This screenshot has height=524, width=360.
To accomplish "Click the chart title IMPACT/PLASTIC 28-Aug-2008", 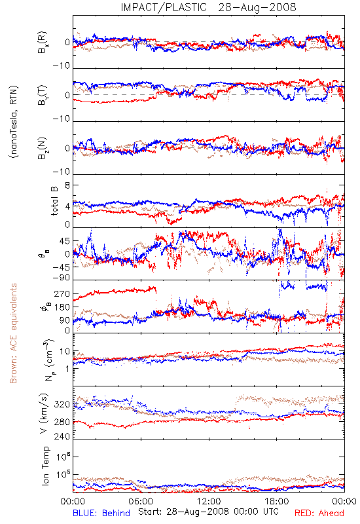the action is tap(208, 7).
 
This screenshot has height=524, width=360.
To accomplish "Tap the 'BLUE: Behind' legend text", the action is tap(101, 513).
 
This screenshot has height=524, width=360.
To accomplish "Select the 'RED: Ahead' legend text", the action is tap(319, 513).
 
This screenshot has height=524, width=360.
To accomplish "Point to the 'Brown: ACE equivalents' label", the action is tap(13, 333).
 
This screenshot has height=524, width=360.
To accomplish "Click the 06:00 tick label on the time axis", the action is tap(141, 501).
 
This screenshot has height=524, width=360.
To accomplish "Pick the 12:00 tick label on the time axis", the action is tap(209, 501).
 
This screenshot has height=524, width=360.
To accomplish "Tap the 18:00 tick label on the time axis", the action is tap(277, 501).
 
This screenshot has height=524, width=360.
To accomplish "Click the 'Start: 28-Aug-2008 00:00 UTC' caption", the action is tap(208, 512).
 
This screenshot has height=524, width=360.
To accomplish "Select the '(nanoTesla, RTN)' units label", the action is tap(14, 122).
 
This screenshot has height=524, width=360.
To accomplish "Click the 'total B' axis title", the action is tap(54, 201).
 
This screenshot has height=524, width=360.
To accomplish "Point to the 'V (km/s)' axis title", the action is tap(44, 413).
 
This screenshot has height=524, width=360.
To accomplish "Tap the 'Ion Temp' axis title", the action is tap(45, 466).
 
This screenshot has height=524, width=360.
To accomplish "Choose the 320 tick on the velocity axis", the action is tap(62, 404).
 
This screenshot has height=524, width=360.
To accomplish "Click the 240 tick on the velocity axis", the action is tap(62, 436).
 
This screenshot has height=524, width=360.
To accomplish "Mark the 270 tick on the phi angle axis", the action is tap(62, 293).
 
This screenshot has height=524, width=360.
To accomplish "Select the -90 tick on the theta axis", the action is tap(62, 277).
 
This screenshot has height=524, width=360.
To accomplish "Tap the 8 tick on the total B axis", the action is tap(67, 185).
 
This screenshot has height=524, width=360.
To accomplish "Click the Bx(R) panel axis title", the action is tap(43, 43).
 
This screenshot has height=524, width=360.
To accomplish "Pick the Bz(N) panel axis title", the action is tap(43, 148).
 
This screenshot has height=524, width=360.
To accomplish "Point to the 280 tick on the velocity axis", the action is tap(62, 422).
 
